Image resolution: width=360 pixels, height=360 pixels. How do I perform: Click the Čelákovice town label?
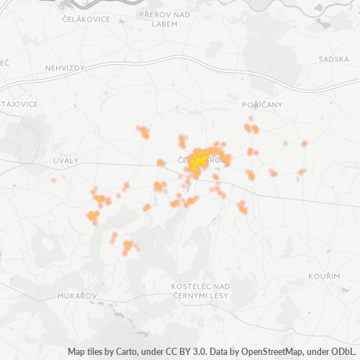(86, 19)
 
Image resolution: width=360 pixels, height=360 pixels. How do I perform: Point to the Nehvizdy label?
(66, 68)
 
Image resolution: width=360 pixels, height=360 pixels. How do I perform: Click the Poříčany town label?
(262, 104)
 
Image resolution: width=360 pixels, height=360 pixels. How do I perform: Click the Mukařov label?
(74, 296)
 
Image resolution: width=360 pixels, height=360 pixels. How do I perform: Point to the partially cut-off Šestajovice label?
(19, 104)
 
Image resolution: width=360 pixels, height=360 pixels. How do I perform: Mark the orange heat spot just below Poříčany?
(251, 129)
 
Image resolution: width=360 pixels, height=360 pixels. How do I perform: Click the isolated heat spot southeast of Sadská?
(305, 144)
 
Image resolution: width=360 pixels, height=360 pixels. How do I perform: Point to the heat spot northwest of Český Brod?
(144, 132)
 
